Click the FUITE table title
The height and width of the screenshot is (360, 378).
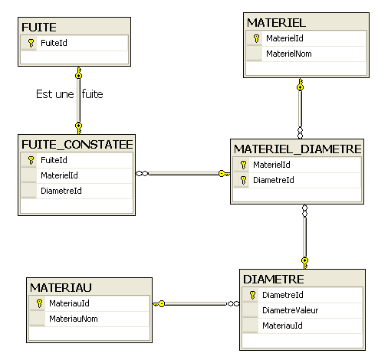39,28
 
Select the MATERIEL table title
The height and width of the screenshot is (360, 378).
276,23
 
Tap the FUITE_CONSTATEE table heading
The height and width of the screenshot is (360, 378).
77,145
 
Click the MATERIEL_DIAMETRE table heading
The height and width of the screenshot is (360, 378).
297,149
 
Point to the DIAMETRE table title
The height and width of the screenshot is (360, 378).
274,280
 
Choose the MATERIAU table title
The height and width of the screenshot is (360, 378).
61,288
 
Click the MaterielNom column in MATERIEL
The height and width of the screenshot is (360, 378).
289,54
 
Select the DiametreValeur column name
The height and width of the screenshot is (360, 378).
290,310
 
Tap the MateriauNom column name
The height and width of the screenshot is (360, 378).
74,319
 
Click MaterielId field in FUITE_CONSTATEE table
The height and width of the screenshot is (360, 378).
59,175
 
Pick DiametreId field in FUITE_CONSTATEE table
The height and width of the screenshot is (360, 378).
61,191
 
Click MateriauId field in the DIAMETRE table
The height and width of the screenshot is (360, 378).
282,326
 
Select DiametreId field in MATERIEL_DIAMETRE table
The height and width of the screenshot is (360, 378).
274,180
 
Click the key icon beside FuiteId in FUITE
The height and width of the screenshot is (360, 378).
31,43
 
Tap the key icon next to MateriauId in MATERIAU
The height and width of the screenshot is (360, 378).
39,303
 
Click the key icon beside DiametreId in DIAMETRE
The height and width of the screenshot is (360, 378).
252,295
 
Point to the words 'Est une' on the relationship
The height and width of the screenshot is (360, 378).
55,94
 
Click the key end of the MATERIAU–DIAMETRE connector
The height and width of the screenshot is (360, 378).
159,304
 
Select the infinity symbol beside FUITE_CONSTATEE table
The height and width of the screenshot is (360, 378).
143,174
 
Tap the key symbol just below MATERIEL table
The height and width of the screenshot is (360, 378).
301,84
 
